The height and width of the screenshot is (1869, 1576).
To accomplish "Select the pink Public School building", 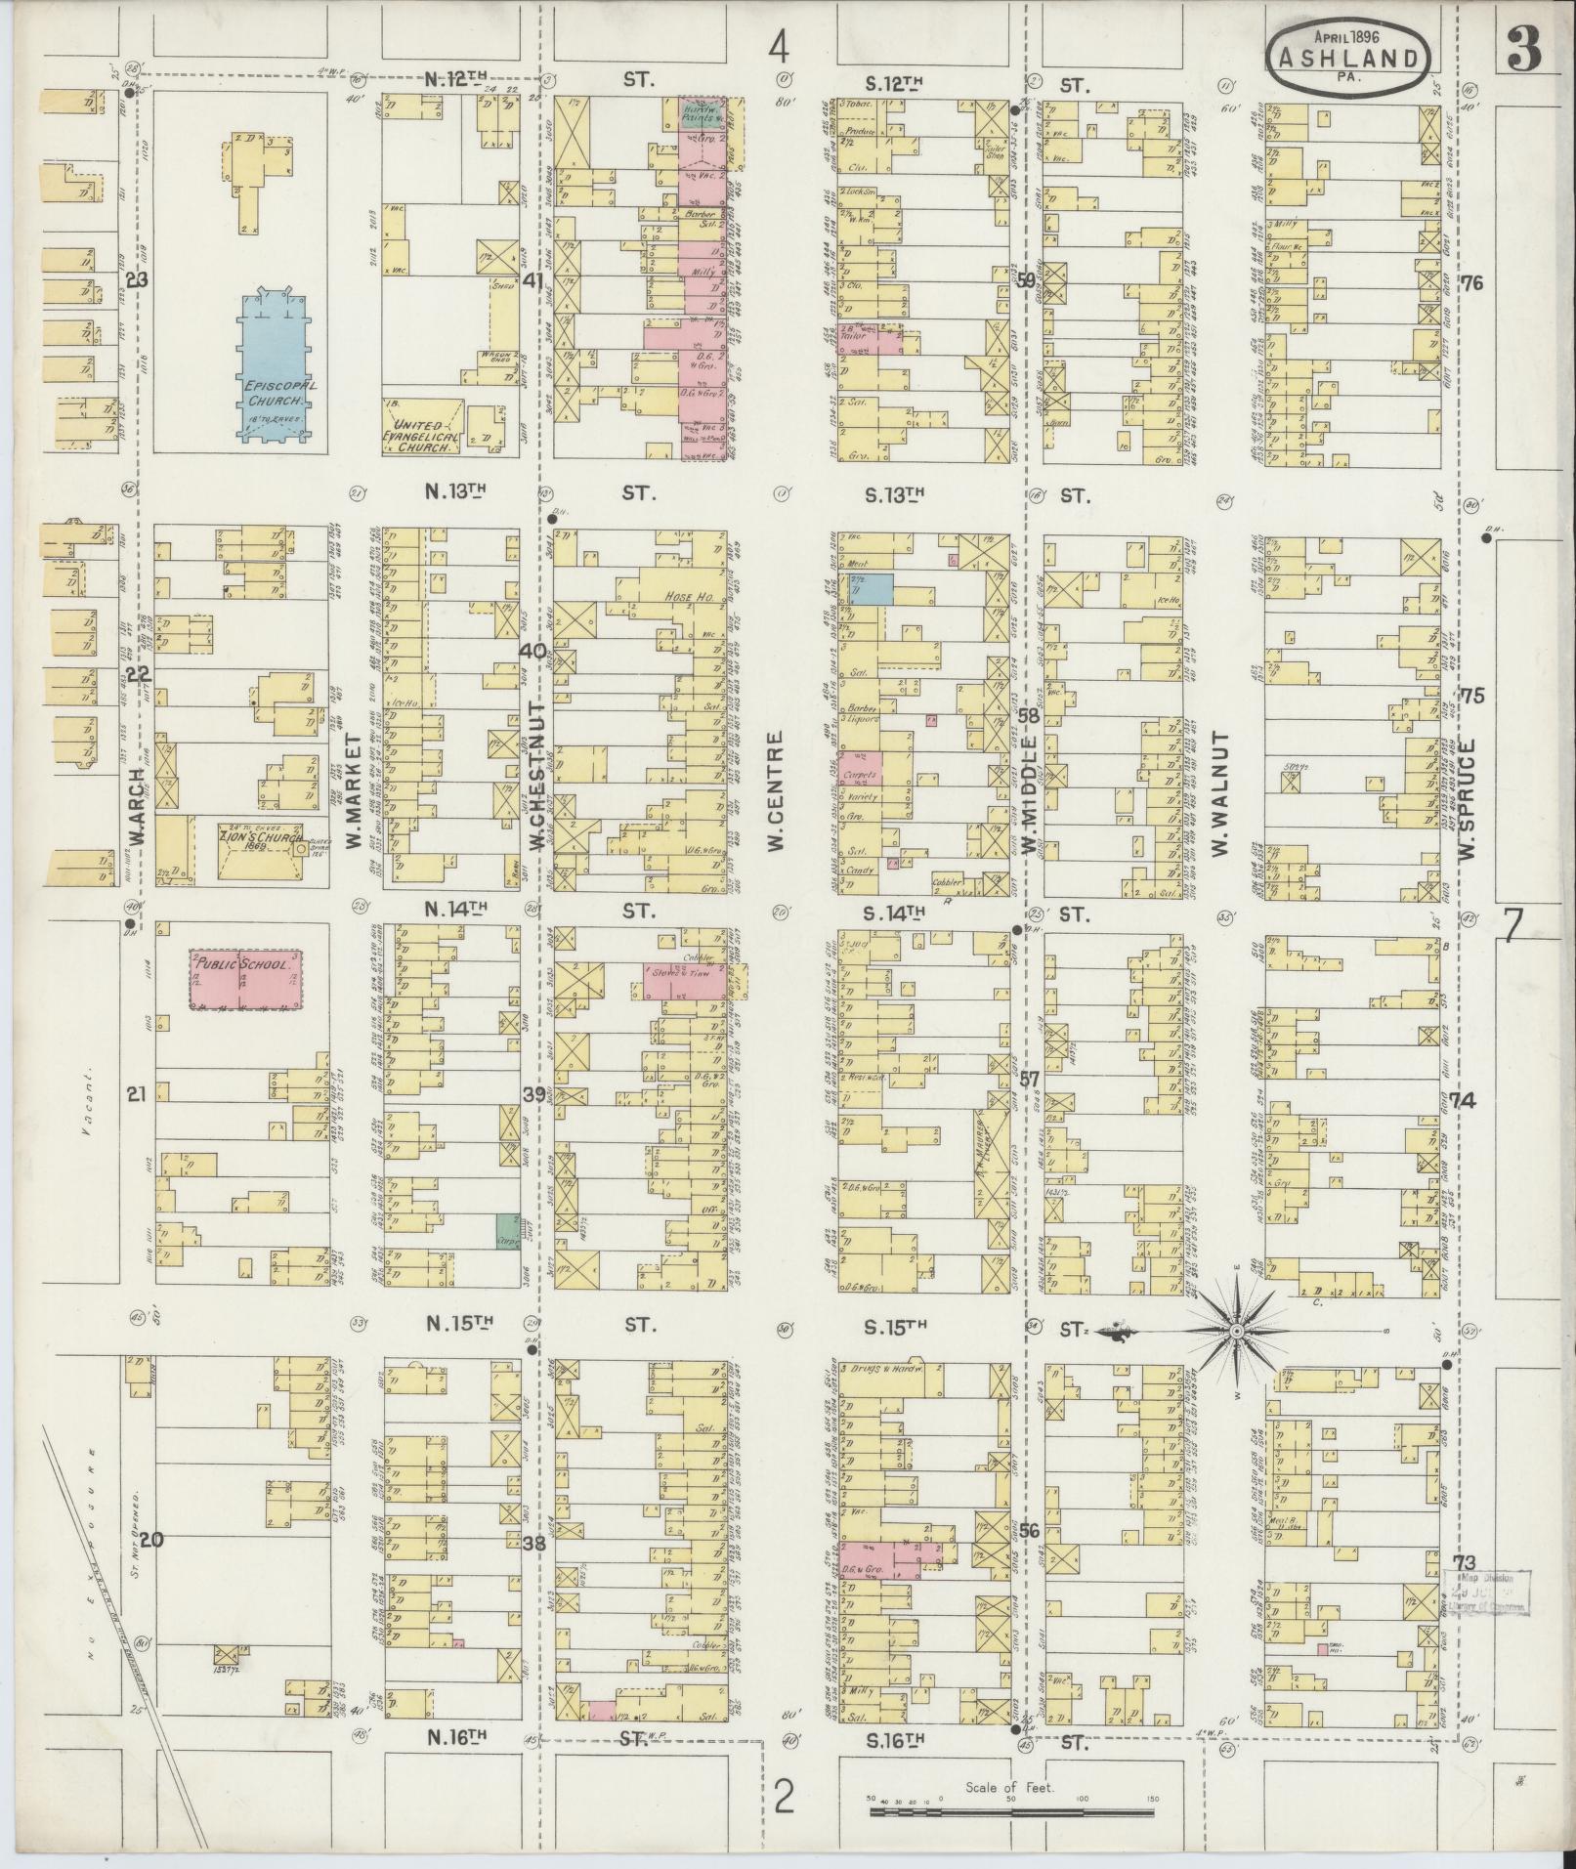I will click(244, 978).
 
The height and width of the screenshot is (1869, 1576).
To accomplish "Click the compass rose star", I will click(1235, 1331).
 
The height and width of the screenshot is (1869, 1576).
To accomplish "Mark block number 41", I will click(532, 282).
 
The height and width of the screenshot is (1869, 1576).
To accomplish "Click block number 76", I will click(1472, 283).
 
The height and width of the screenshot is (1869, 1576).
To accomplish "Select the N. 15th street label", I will click(455, 1324).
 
